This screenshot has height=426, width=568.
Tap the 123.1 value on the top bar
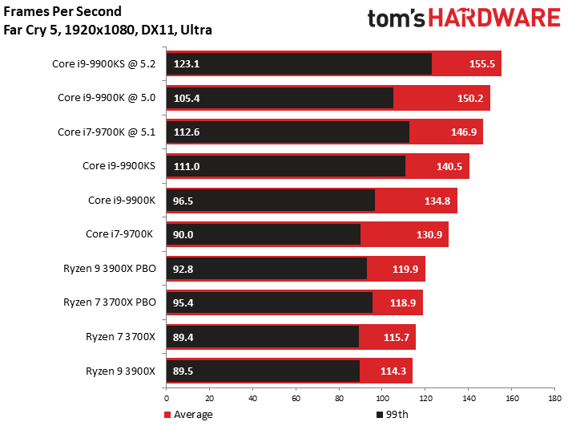coord(185,64)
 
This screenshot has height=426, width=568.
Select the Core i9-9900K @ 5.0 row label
coord(108,98)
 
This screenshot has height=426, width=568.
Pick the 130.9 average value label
coord(429,234)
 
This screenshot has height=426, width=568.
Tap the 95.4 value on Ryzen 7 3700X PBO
coord(184,302)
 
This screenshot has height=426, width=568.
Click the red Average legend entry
coord(189,415)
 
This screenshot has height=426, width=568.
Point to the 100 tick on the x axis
coord(381,397)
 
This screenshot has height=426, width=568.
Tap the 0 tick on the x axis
coord(167,397)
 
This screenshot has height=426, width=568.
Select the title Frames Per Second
coord(63,12)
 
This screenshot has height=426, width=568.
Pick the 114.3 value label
coord(392,371)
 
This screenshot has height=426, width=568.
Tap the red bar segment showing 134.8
coord(415,201)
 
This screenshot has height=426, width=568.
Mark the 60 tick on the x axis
coord(296,397)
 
